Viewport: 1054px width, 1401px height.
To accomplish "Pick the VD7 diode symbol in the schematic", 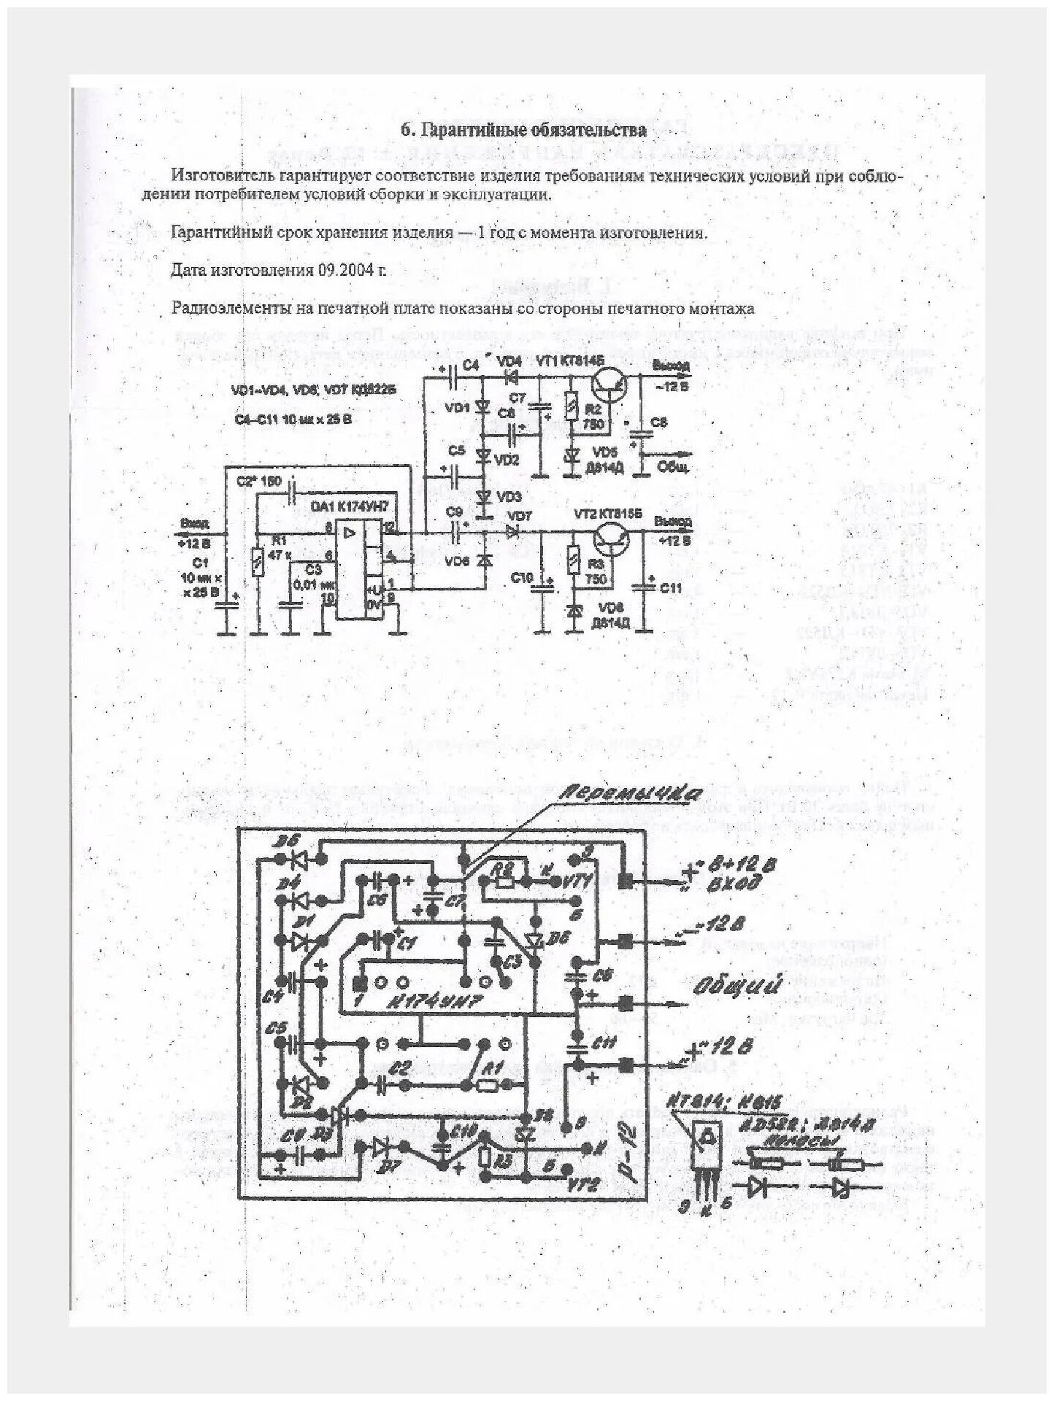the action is point(511,532).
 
